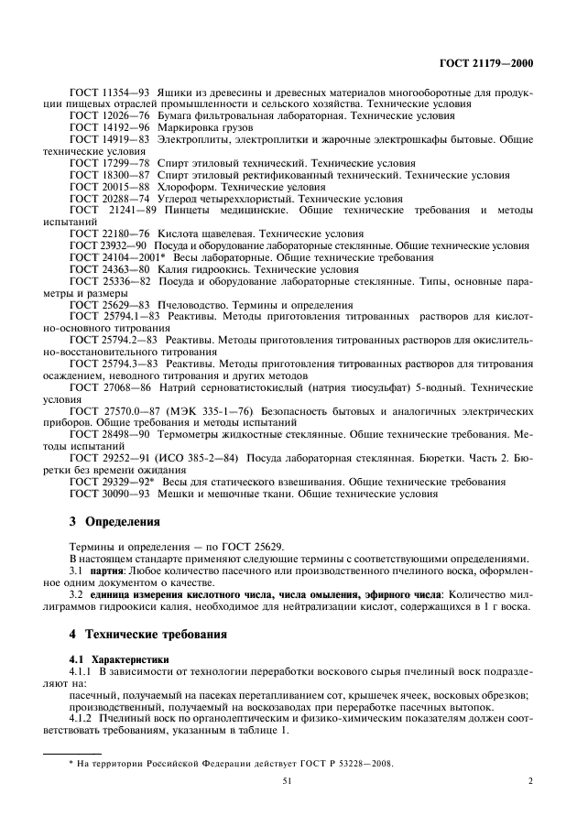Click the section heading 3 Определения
(x=115, y=522)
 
